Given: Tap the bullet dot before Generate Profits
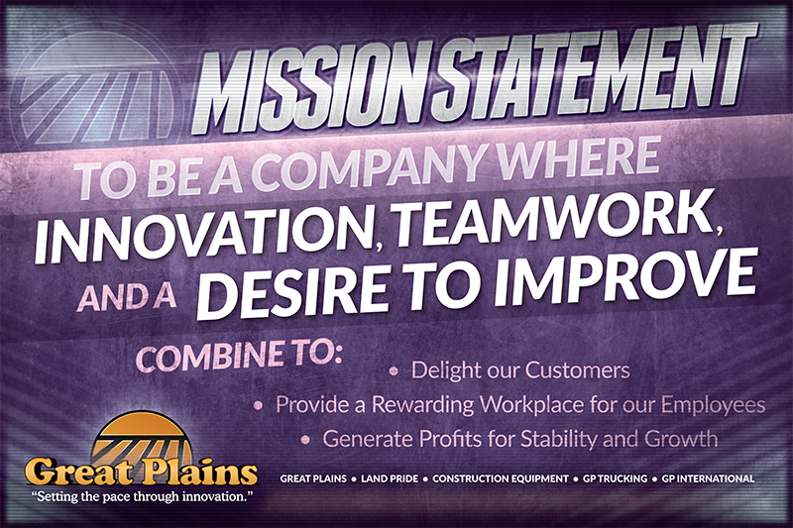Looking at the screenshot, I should tap(308, 438).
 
